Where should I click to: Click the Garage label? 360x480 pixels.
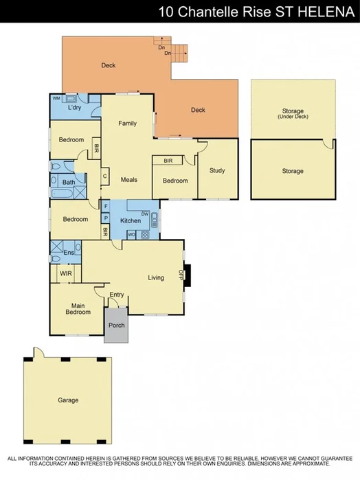(67, 400)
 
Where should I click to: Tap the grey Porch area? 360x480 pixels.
(117, 325)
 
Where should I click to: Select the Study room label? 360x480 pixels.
(217, 171)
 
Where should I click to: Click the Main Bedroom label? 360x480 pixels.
(78, 309)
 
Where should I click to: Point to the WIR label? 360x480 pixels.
(66, 273)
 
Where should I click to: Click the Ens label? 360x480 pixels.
(68, 253)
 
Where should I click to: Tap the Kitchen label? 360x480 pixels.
(131, 221)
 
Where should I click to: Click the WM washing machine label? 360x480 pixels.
(56, 98)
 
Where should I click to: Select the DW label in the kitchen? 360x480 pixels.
(145, 214)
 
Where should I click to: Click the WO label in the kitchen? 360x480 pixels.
(131, 235)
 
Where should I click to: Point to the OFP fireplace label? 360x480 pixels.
(181, 274)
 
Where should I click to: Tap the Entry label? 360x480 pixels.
(117, 295)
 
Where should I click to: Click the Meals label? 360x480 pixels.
(128, 180)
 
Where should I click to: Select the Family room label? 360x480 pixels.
(127, 124)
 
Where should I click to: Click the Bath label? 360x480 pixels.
(68, 183)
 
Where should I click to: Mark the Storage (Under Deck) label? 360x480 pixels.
(293, 113)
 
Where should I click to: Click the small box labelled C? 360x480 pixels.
(105, 176)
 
